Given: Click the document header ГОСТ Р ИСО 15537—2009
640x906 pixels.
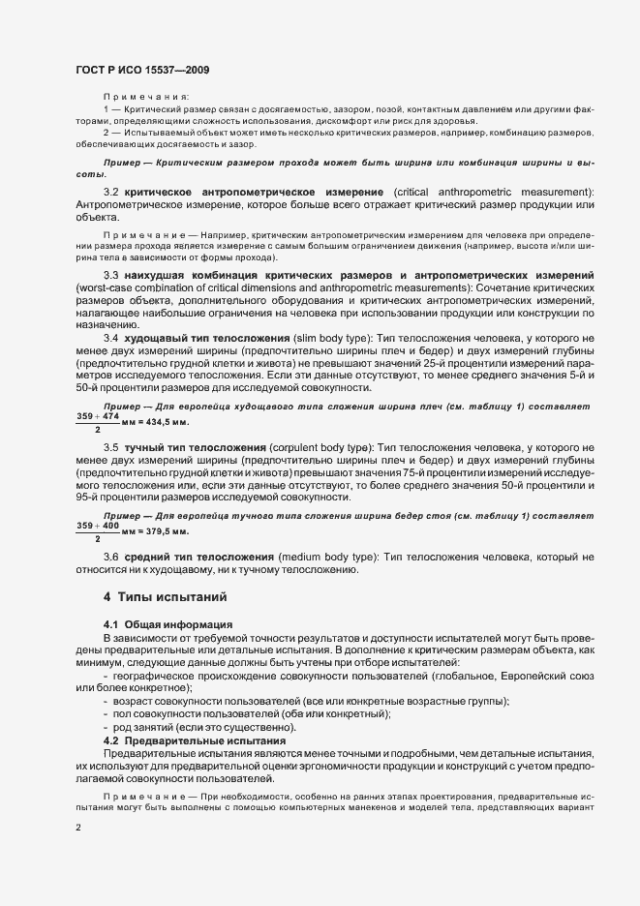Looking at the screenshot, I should click(142, 70).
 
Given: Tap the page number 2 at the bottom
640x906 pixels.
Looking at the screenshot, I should click(79, 828).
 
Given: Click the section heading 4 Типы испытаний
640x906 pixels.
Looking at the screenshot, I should click(167, 597).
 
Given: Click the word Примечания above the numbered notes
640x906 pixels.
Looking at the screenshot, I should click(146, 97).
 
